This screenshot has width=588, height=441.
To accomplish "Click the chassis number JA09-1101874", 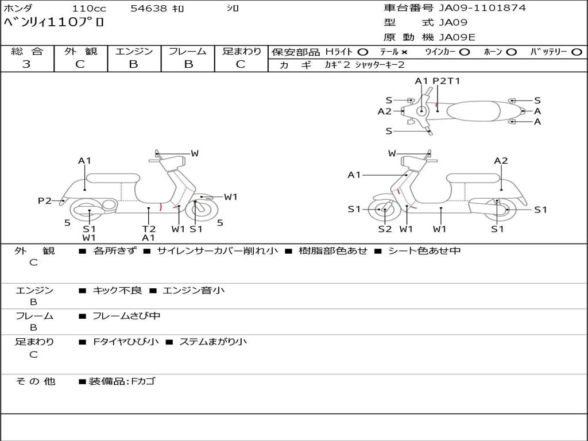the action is pos(482,8).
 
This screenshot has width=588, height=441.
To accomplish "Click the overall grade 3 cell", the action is pos(26,64).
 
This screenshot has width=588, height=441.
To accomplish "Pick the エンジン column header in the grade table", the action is pos(134,52).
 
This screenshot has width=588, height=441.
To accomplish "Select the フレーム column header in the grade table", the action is pos(187,52).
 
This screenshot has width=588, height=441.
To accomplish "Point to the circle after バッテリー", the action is pos(577,52).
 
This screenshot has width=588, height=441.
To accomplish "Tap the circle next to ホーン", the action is pos(511,52).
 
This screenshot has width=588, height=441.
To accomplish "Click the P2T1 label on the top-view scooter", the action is pos(446,81).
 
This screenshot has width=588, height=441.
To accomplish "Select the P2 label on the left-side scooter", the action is pos(45,200).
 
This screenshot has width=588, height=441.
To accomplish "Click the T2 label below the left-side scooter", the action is pos(149,229).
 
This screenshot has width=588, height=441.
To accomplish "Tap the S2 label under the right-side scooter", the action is pos(384,229).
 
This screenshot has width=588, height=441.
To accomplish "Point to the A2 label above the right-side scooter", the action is pos(501,161).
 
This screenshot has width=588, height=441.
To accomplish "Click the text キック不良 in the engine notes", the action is pos(117,291).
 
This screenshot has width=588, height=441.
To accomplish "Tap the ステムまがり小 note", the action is pos(213,342).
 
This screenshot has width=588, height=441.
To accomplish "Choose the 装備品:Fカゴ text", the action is pos(121,381).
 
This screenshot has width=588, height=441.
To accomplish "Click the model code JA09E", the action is pos(457,37).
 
